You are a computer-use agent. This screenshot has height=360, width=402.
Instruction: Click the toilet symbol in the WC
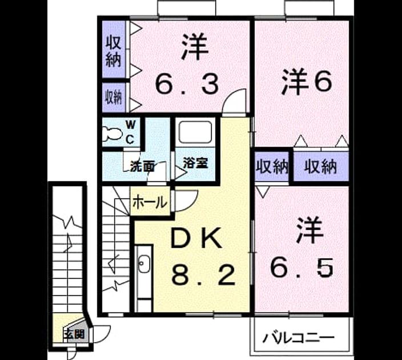point(111,134)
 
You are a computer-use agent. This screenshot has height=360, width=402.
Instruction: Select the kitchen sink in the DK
point(144,264)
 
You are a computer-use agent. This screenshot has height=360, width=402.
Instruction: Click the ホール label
point(150,202)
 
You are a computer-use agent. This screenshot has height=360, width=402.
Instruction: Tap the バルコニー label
point(299,338)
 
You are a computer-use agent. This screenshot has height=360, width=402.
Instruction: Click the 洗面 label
point(142,166)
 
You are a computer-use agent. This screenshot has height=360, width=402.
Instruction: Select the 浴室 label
point(196,163)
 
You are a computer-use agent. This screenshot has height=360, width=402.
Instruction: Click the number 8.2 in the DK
point(203,275)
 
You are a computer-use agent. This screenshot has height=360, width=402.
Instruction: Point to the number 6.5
point(301,267)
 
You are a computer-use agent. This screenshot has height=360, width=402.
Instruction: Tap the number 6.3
point(187,84)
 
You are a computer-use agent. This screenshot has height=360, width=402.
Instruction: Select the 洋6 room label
point(307,82)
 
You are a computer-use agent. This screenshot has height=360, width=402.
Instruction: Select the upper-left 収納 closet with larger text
point(114,49)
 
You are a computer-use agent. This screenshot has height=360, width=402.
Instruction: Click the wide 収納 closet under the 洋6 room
point(321,166)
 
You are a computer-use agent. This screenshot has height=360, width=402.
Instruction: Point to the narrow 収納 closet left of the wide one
point(272,167)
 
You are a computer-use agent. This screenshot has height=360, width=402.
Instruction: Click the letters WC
point(131,133)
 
